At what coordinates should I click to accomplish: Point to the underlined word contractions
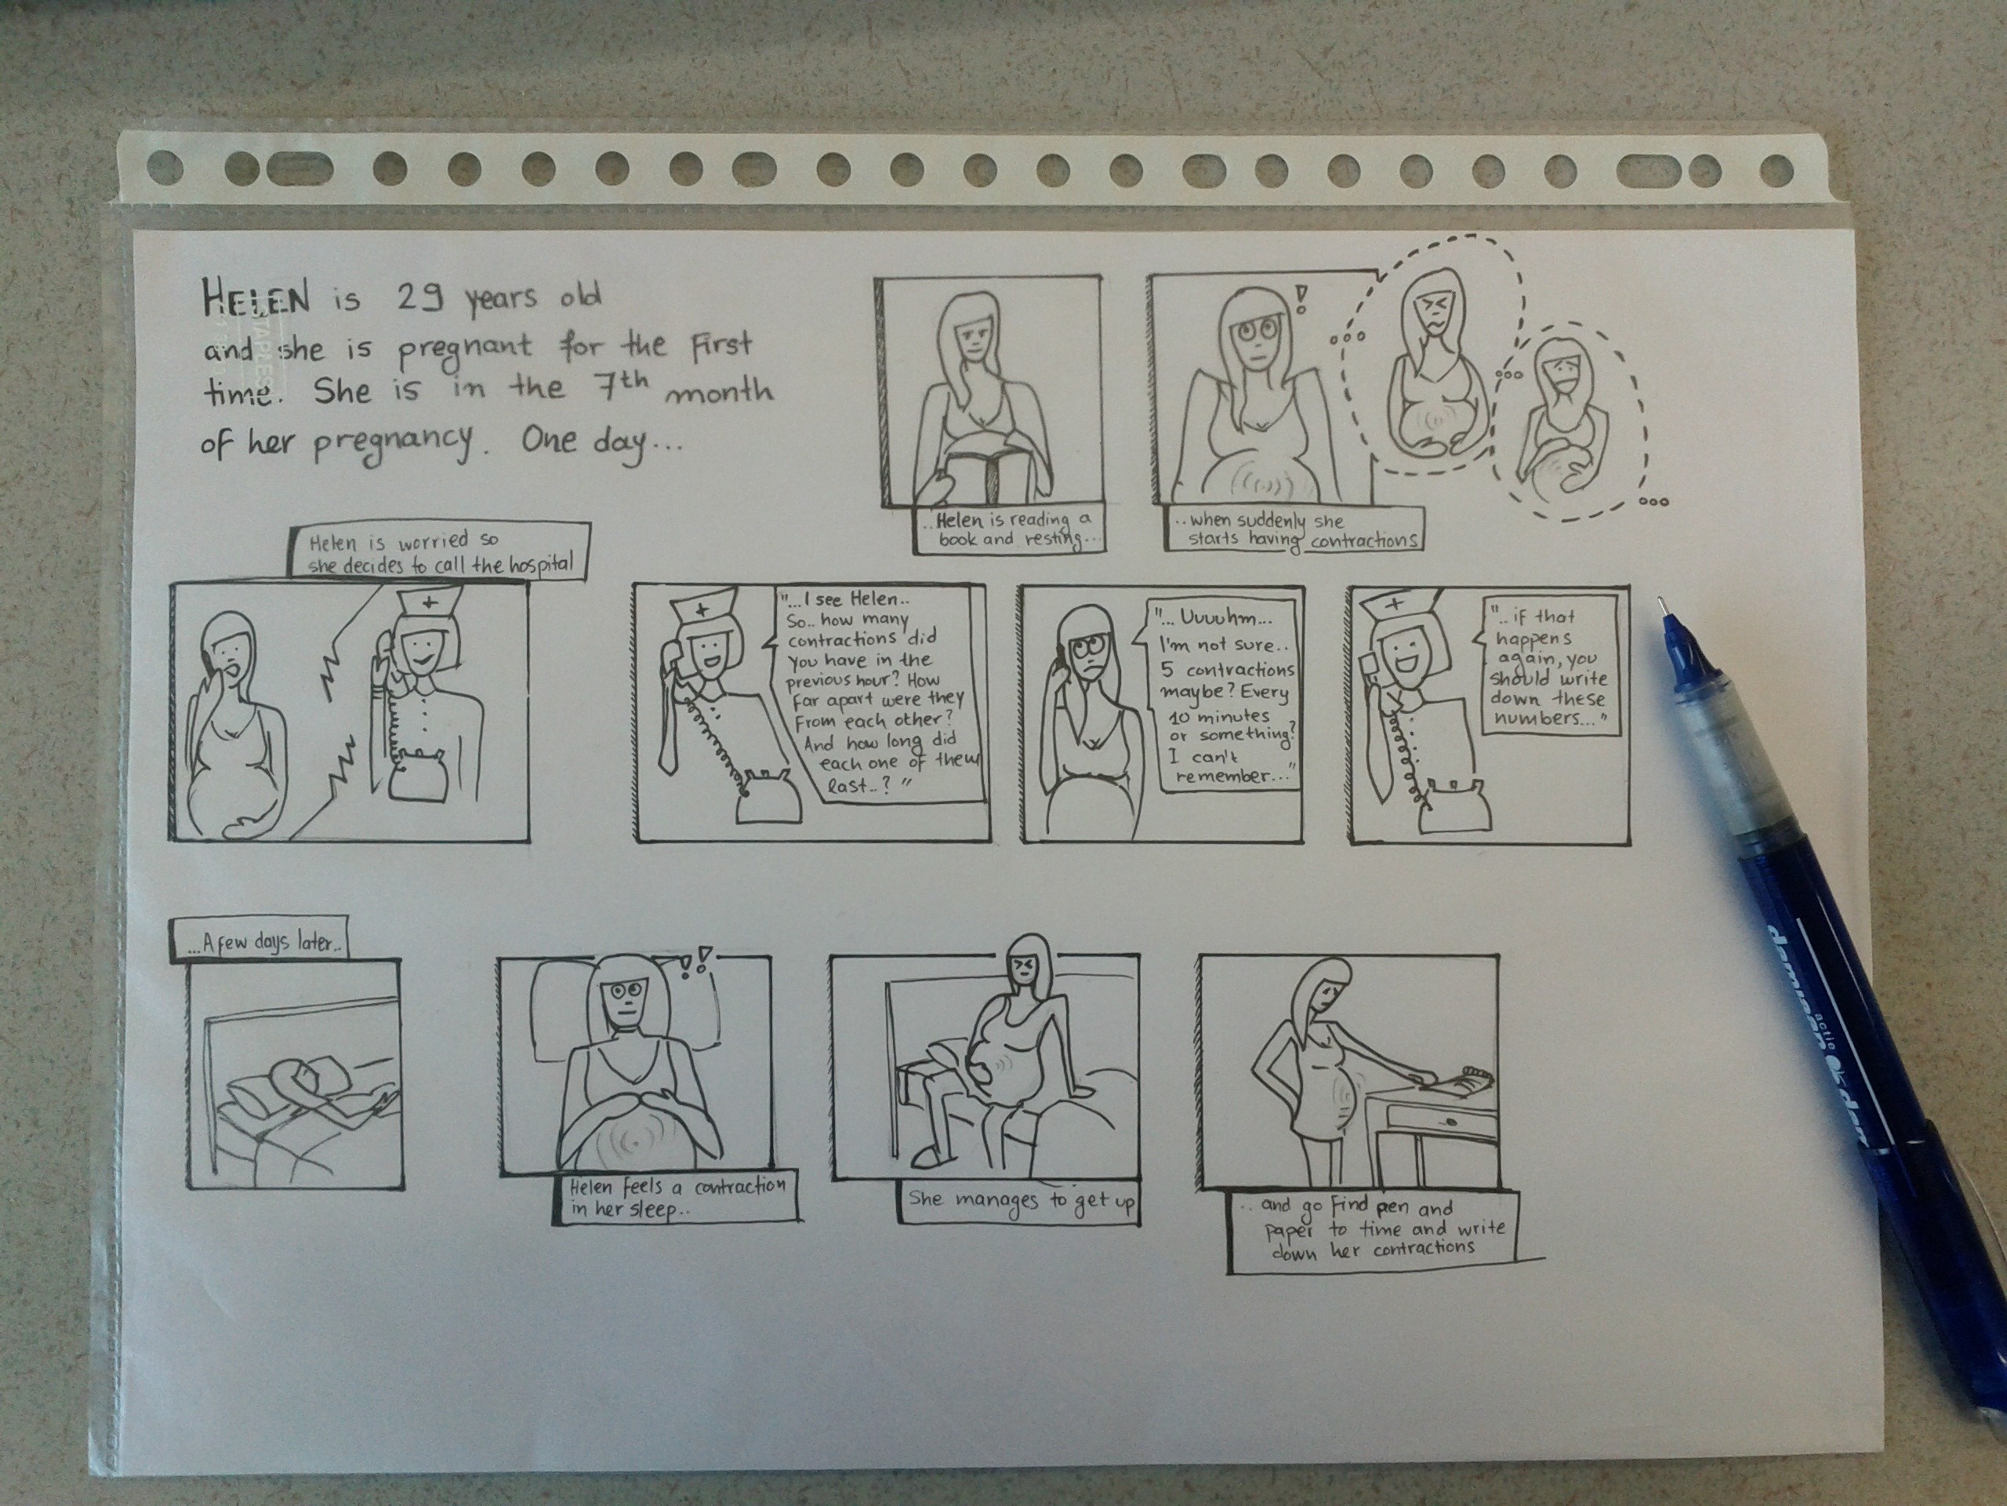point(1363,541)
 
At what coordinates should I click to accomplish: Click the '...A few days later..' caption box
point(259,941)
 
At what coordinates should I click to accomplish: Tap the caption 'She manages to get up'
point(1021,1201)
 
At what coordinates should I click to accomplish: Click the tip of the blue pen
point(1661,600)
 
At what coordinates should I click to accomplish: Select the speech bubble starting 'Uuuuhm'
point(1222,693)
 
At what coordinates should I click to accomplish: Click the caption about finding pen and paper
point(1372,1230)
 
